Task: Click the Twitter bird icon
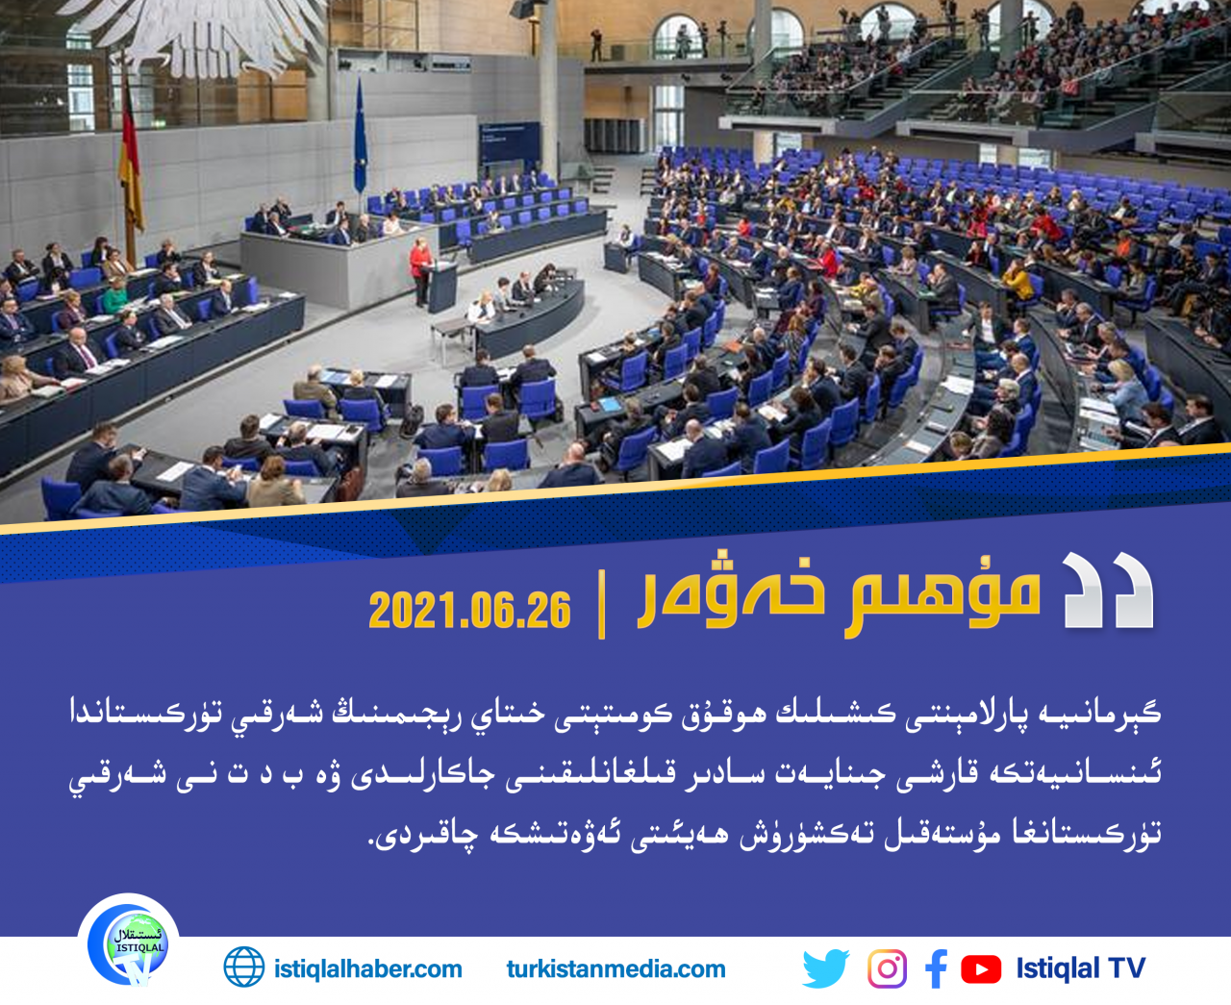pos(826,968)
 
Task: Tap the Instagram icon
pos(888,968)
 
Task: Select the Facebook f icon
pos(937,968)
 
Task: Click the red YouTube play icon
pos(981,968)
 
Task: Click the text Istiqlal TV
pos(1081,967)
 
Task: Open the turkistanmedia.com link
pos(615,968)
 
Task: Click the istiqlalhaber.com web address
pos(368,968)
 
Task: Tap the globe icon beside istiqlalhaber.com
pos(244,967)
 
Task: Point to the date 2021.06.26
pos(470,611)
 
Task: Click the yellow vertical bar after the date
pos(602,605)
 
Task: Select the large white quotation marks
pos(1107,590)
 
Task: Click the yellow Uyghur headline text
pos(839,593)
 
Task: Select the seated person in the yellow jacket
pos(1017,282)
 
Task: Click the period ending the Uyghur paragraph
pos(370,845)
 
